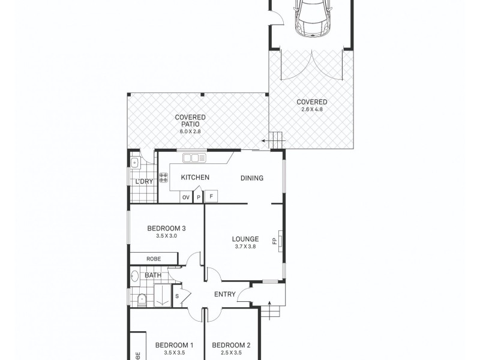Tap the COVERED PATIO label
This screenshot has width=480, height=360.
tap(190, 121)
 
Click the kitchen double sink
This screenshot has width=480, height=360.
tap(194, 158)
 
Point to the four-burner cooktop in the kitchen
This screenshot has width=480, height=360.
tap(163, 178)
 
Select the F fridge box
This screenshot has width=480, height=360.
tap(211, 197)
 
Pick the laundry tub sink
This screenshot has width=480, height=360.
tap(135, 161)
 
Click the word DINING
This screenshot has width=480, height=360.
tap(252, 178)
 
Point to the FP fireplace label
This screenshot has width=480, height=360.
tap(275, 241)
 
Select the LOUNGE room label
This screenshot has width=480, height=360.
tap(245, 239)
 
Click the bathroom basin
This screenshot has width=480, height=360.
tap(135, 277)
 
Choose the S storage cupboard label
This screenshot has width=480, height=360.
tap(178, 295)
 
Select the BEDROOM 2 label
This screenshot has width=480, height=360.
tap(231, 345)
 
